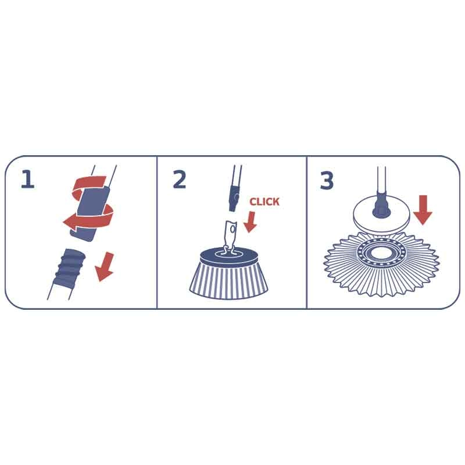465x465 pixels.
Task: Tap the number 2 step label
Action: [179, 180]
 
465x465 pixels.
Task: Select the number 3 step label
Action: [327, 181]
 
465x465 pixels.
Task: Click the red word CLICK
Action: [264, 202]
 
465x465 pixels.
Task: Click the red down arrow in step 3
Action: [423, 210]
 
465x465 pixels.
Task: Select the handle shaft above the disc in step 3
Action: [382, 180]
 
